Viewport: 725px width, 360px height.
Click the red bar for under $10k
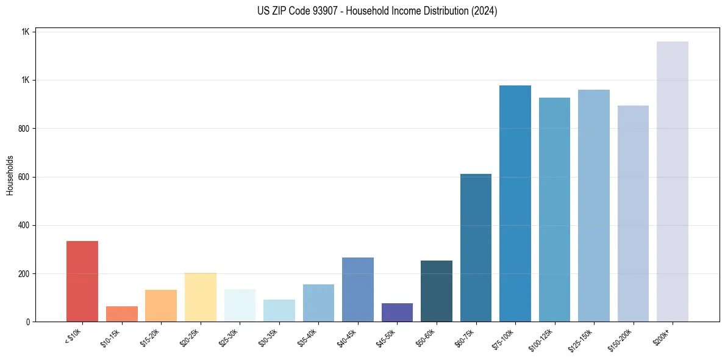click(x=82, y=281)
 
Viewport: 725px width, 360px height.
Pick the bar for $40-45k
click(x=358, y=290)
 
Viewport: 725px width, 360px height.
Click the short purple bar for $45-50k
click(x=397, y=312)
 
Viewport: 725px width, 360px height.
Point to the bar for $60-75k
click(x=476, y=248)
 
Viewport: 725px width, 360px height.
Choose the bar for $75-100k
click(x=515, y=204)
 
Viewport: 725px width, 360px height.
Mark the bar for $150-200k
click(x=633, y=214)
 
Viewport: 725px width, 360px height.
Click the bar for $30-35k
click(x=279, y=311)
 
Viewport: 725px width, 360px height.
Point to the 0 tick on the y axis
click(x=27, y=322)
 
